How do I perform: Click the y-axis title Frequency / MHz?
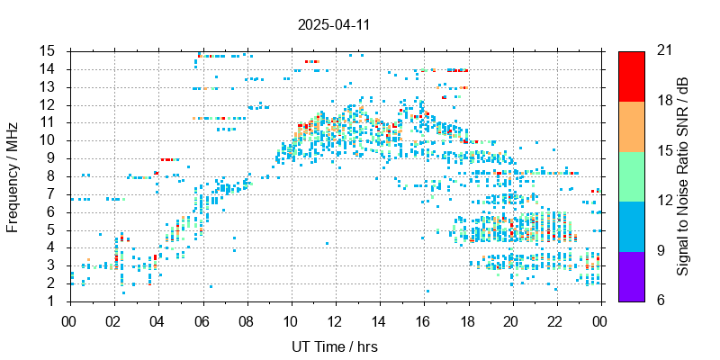(x=13, y=175)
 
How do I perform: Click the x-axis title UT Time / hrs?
(x=335, y=346)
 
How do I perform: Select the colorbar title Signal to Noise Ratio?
(x=683, y=175)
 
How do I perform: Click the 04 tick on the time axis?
(x=158, y=319)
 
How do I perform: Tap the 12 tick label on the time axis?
(x=335, y=319)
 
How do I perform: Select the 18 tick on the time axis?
(x=468, y=319)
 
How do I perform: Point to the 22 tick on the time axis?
(x=556, y=319)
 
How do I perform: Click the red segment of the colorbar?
(x=632, y=76)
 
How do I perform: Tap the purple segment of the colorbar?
(x=632, y=275)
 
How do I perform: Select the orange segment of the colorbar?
(x=632, y=125)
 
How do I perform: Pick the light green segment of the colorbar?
(x=632, y=175)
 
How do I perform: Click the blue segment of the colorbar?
(x=632, y=225)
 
